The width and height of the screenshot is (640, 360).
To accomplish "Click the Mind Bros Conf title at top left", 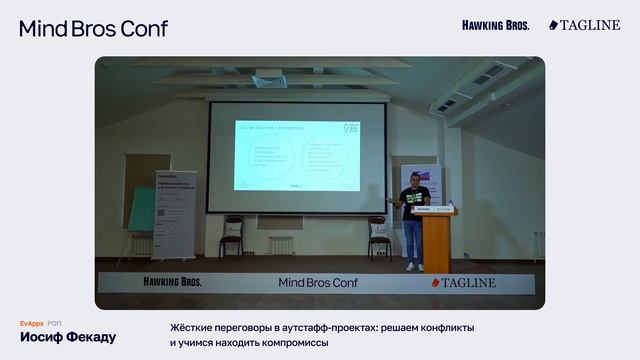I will [93, 28].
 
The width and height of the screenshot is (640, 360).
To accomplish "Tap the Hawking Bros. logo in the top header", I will [496, 25].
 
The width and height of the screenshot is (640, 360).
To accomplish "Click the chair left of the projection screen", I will [233, 236].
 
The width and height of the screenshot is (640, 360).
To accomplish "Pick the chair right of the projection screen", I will [379, 237].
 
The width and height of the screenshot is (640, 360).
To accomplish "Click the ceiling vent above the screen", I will [269, 80].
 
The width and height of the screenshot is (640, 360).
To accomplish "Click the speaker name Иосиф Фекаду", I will [68, 337].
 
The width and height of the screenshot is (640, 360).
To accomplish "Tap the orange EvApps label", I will [31, 323].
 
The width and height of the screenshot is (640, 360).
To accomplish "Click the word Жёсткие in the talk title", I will [195, 328].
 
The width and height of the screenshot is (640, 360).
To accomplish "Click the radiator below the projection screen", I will [281, 243].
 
